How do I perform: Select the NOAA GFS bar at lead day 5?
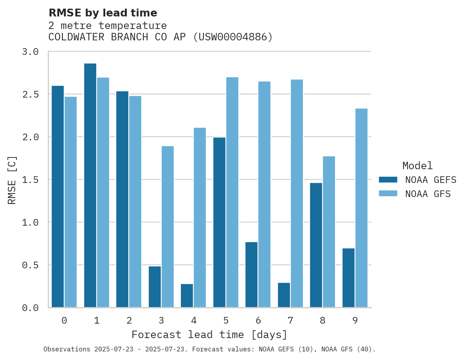(x=232, y=192)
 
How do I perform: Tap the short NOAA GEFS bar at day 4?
(x=187, y=295)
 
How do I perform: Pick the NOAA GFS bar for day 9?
(x=361, y=208)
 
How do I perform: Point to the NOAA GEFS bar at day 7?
(x=284, y=295)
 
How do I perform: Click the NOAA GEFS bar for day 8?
(x=316, y=245)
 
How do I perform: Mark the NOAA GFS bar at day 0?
(x=70, y=202)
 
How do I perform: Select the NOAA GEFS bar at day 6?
(x=251, y=275)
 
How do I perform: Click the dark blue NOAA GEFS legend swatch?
(x=388, y=180)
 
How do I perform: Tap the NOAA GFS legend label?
(x=428, y=194)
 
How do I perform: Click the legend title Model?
(x=417, y=166)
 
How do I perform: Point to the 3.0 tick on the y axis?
(x=30, y=52)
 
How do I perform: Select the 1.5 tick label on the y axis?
(x=30, y=180)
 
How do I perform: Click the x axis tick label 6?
(x=258, y=320)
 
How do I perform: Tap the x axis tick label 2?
(x=129, y=320)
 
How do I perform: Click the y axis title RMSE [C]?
(x=12, y=180)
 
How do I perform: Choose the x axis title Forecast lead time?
(x=209, y=335)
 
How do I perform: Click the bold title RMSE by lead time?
(x=103, y=13)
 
